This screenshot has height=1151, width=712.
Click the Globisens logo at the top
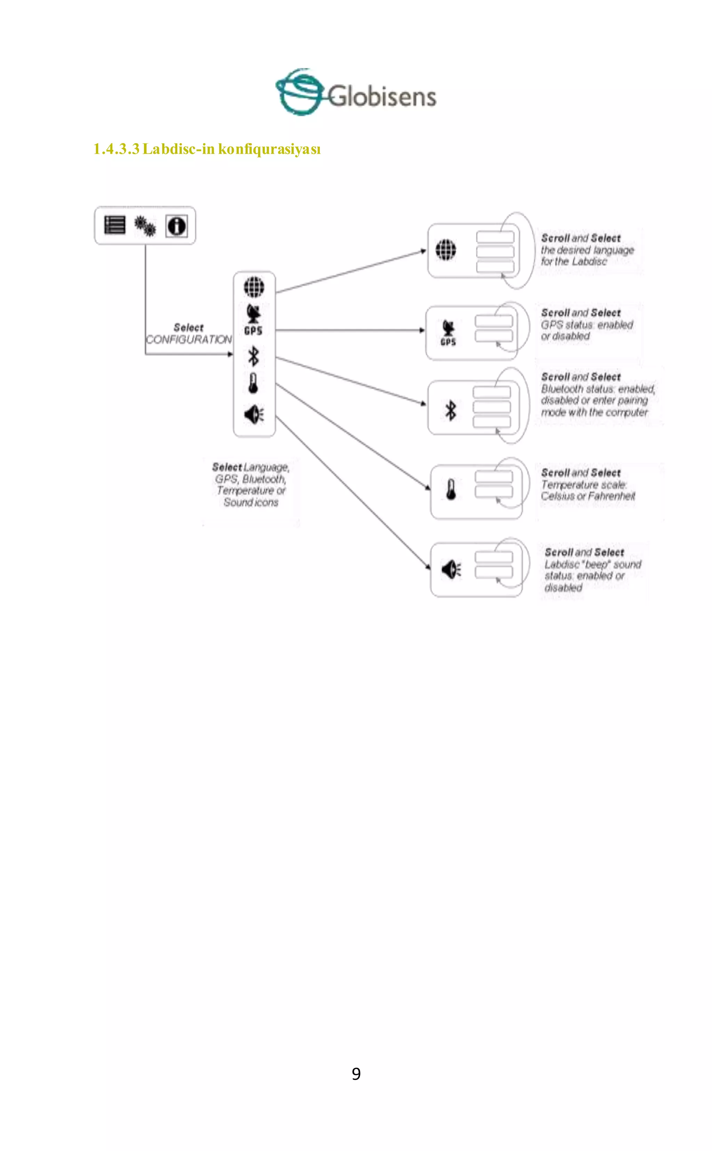point(356,93)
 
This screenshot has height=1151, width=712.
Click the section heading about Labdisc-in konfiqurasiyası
point(207,149)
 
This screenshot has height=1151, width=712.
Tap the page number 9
point(356,1074)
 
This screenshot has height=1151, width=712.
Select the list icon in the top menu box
point(114,225)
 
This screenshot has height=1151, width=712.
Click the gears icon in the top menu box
point(145,226)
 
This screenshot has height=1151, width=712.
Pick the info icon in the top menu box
point(177,226)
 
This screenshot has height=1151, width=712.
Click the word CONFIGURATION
point(188,340)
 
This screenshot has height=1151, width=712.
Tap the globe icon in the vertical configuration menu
point(254,287)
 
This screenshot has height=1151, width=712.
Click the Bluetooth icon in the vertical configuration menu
point(253,356)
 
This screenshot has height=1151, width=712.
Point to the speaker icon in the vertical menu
point(254,414)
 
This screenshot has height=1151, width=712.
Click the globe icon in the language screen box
point(445,250)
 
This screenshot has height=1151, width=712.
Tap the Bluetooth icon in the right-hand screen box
point(451,410)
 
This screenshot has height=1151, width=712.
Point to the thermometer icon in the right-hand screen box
point(451,490)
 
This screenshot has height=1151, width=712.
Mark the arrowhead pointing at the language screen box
point(423,251)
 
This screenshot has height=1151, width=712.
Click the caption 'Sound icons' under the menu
point(251,503)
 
